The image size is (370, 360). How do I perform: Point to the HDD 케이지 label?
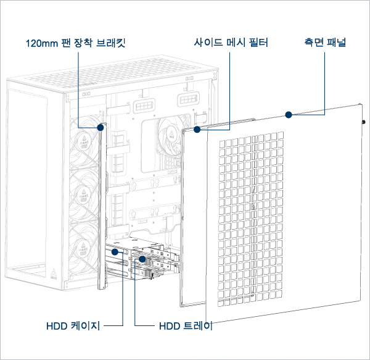73,325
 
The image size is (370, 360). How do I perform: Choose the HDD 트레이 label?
186,325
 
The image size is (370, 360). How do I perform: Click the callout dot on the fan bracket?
101,128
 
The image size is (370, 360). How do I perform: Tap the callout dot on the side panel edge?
287,114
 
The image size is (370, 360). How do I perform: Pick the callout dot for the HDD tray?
142,260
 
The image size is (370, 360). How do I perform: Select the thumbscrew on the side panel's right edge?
364,122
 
